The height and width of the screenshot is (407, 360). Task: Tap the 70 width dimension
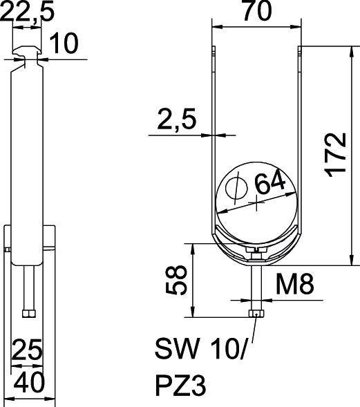click(256, 12)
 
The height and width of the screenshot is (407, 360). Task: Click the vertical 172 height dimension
click(337, 155)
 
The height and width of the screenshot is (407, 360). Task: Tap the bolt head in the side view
click(27, 314)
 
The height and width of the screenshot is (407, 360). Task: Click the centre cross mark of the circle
click(256, 202)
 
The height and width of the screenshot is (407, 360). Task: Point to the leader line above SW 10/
click(254, 330)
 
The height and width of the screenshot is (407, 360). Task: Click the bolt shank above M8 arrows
click(256, 283)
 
